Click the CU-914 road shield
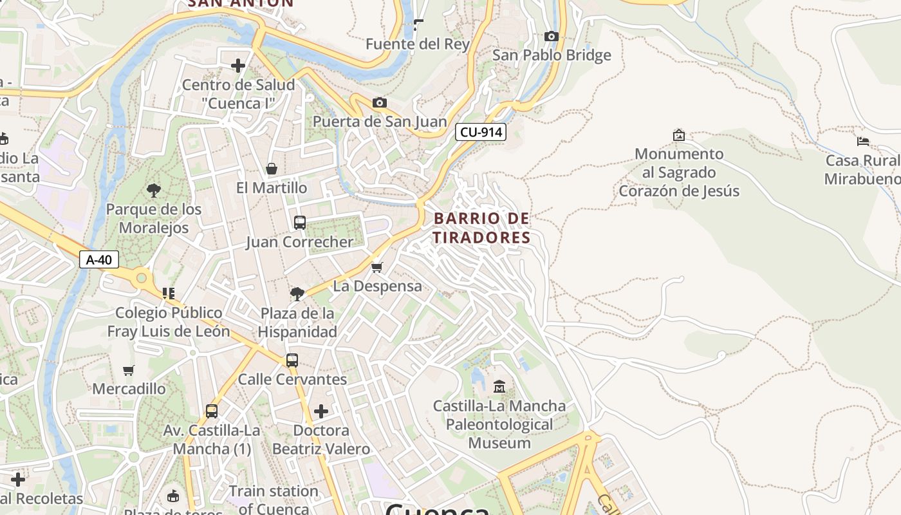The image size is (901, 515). [481, 133]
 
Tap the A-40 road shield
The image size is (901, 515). [99, 260]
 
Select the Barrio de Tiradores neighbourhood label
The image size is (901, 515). [481, 228]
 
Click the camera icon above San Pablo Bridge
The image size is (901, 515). [551, 36]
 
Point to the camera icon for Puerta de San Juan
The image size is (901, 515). [380, 102]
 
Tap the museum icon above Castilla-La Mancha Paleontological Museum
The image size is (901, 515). [499, 387]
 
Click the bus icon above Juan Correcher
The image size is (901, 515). [300, 223]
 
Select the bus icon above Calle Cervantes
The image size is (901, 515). [292, 360]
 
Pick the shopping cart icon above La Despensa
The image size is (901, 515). [377, 267]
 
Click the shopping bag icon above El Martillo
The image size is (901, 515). [272, 169]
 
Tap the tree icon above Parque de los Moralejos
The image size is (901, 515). [153, 190]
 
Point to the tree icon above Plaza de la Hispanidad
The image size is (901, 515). [297, 294]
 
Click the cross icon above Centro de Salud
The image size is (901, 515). [238, 65]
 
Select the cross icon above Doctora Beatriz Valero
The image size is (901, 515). [320, 411]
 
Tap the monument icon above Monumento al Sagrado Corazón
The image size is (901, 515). [678, 135]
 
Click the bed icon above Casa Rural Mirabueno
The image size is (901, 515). [863, 141]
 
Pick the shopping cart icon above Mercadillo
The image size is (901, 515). [129, 370]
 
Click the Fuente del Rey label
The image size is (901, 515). [418, 44]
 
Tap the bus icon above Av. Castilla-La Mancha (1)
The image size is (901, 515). [212, 411]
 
